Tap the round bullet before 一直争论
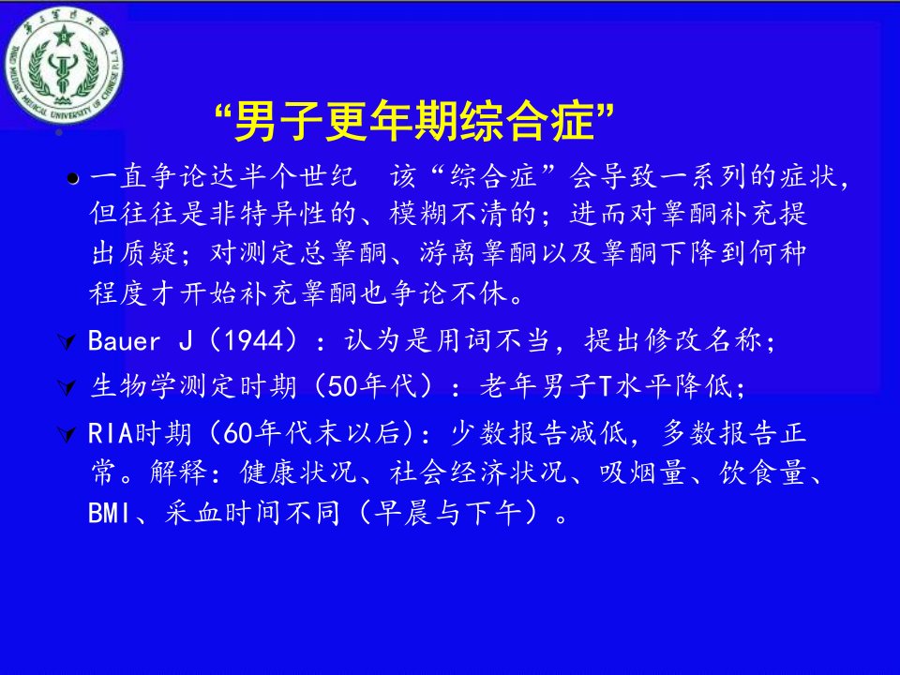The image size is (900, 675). point(72,179)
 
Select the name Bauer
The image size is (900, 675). point(124,341)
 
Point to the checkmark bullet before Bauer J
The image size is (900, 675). point(67,343)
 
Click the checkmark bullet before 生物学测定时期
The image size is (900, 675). point(67,388)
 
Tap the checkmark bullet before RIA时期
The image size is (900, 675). point(67,434)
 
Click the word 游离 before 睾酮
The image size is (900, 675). point(449,253)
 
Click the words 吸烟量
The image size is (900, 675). point(644,472)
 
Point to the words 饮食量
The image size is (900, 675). point(763,472)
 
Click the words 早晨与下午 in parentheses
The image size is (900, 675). point(448,513)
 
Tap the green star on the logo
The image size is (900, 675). point(63,37)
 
